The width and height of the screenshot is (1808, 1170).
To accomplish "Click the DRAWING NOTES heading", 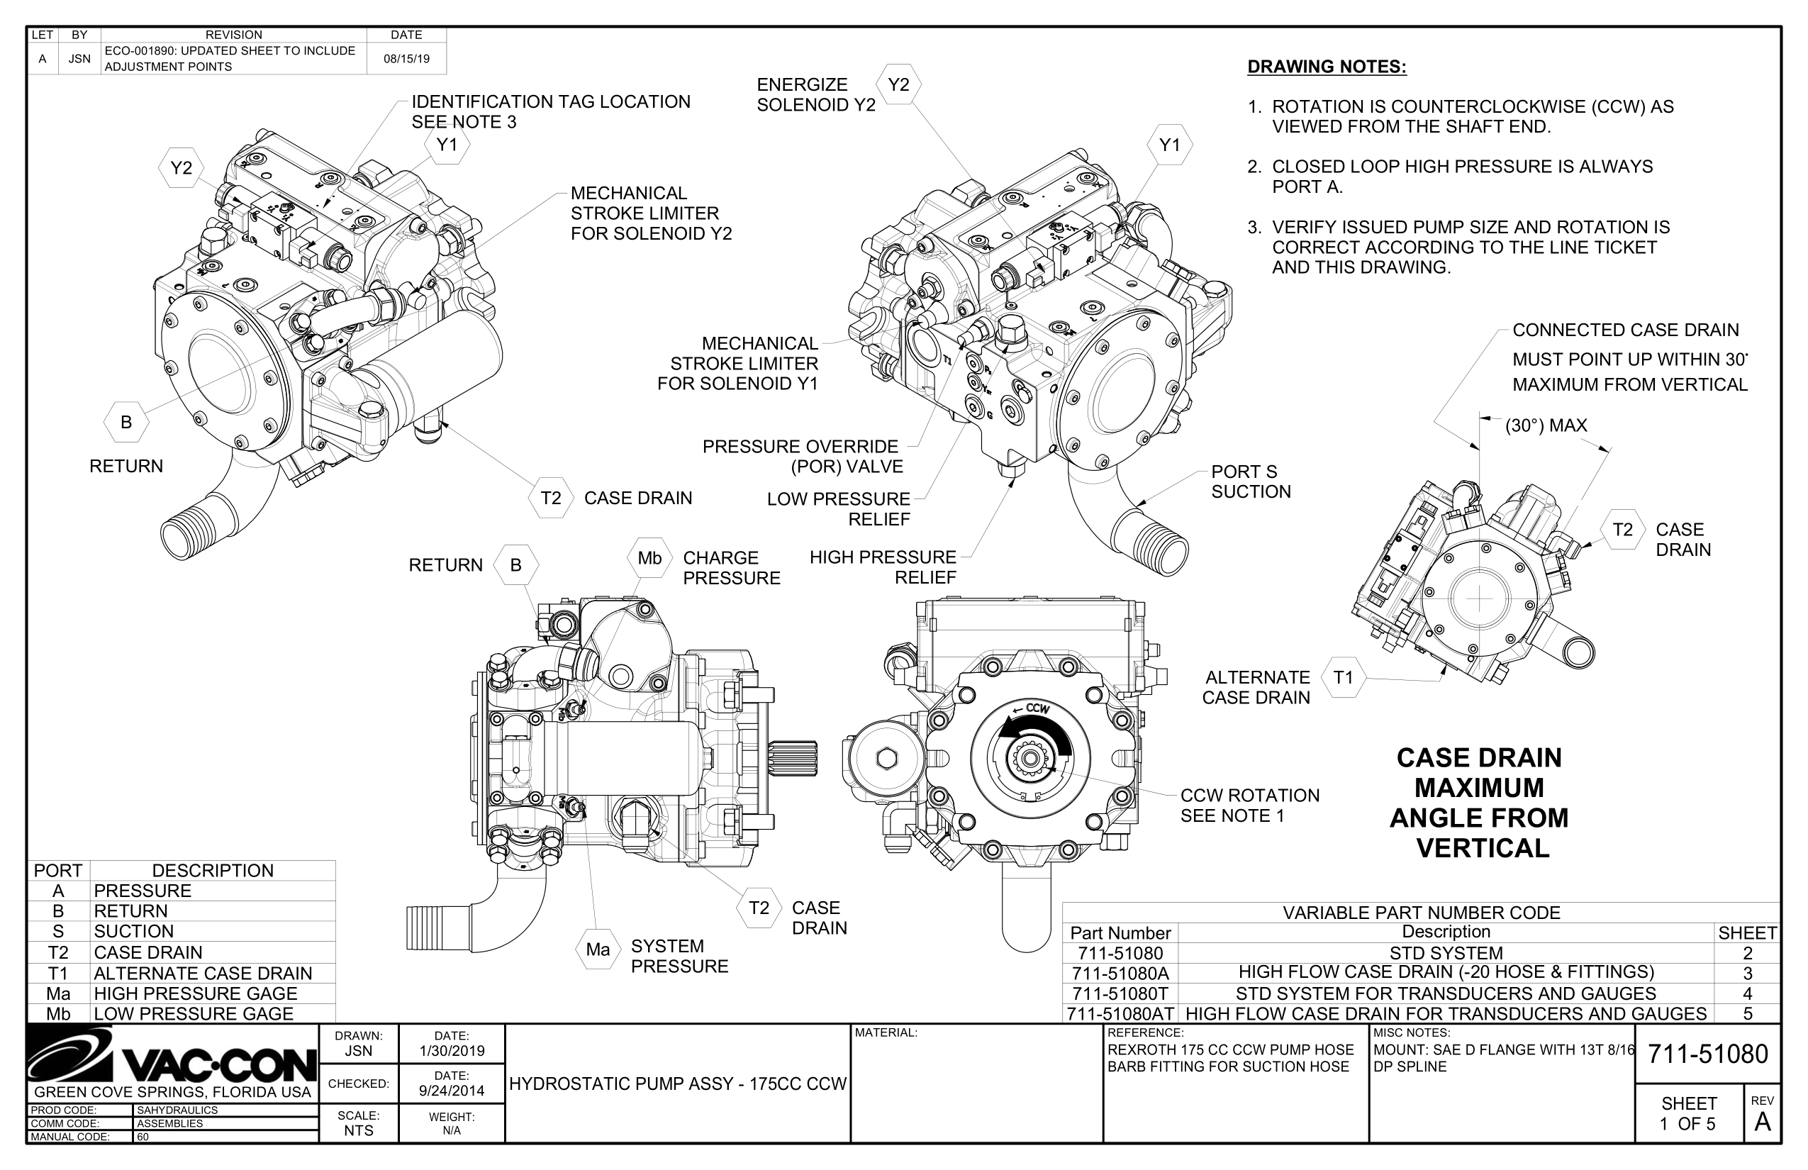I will [x=1327, y=67].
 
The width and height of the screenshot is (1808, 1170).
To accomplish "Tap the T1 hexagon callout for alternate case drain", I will [x=1343, y=677].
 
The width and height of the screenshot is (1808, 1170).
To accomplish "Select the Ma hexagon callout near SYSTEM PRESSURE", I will [x=598, y=949].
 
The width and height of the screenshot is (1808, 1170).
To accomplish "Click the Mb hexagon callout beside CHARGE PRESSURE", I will [x=649, y=559].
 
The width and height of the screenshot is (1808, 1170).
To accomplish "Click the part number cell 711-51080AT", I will [x=1120, y=1013].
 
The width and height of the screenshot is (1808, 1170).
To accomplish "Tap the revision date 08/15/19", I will [x=406, y=58].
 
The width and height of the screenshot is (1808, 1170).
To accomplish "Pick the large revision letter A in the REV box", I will [x=1763, y=1122].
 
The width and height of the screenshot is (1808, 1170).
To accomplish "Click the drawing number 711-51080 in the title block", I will [x=1707, y=1054].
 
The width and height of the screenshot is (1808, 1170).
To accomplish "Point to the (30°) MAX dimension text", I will [x=1546, y=425].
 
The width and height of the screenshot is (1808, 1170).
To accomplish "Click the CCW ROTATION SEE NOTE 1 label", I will [x=1249, y=806].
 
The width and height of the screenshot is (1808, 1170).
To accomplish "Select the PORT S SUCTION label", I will [x=1251, y=481].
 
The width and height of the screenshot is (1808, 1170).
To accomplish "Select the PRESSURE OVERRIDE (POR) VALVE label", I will [x=801, y=457].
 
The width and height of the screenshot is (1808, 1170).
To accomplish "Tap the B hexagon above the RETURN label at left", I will [x=126, y=423].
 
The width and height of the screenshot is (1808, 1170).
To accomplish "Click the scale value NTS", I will [x=359, y=1130].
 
